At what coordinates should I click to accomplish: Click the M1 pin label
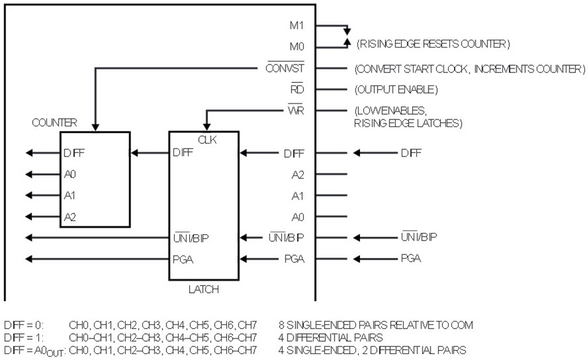[x=297, y=25]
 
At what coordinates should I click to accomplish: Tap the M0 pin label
[x=297, y=47]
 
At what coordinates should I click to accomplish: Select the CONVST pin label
[x=285, y=68]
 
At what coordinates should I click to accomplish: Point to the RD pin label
[x=297, y=89]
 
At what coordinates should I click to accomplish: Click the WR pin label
[x=295, y=110]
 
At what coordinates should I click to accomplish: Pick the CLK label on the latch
[x=207, y=140]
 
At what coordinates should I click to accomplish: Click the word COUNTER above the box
[x=54, y=123]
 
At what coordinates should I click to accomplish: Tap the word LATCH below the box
[x=203, y=290]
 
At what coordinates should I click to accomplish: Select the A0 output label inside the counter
[x=70, y=174]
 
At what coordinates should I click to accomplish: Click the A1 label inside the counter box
[x=70, y=196]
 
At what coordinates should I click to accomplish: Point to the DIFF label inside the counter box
[x=74, y=153]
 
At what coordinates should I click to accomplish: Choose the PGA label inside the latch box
[x=183, y=260]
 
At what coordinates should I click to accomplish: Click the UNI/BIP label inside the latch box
[x=191, y=237]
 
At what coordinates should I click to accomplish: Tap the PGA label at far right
[x=411, y=258]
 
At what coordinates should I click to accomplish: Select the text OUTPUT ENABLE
[x=396, y=89]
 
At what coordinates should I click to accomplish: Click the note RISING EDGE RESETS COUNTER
[x=433, y=44]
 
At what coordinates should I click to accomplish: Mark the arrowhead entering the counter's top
[x=95, y=128]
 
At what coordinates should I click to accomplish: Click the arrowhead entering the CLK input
[x=207, y=127]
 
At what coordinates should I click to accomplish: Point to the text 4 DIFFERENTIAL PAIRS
[x=330, y=338]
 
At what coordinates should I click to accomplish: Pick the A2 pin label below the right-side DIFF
[x=297, y=175]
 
